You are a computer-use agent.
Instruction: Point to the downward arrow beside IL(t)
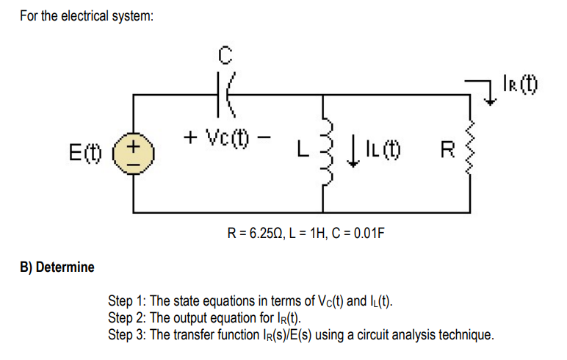(357, 153)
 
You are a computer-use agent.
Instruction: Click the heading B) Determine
(57, 267)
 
